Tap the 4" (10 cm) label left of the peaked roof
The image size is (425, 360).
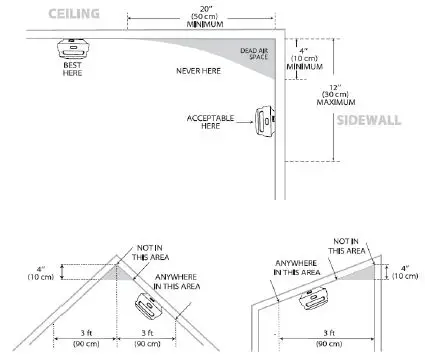click(40, 271)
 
